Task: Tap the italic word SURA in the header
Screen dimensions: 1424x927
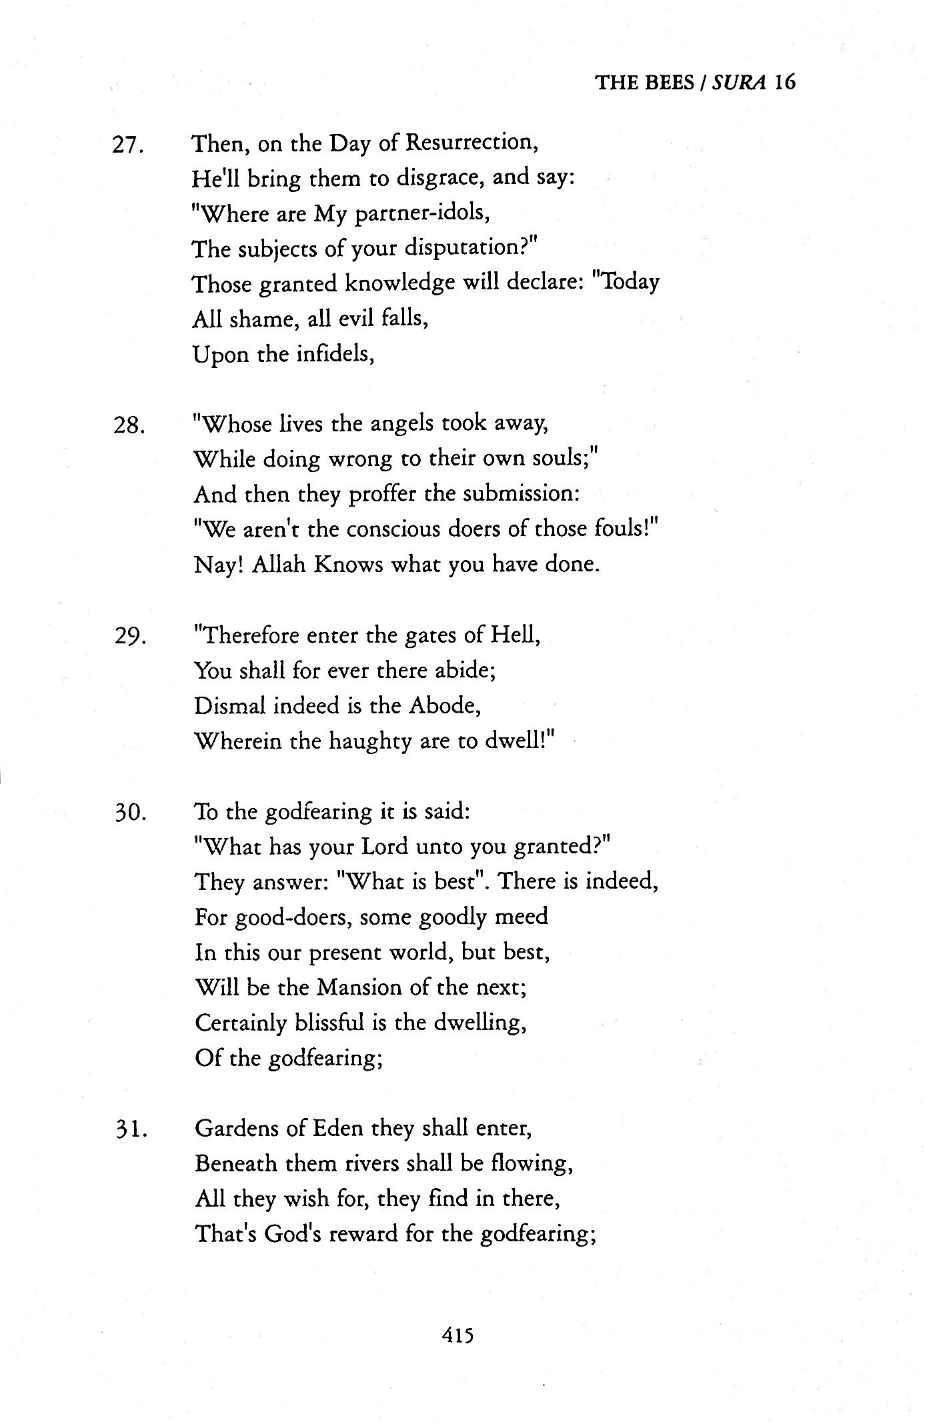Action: pos(737,82)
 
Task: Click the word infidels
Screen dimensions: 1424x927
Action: pos(333,354)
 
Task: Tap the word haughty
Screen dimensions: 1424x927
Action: pos(370,741)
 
